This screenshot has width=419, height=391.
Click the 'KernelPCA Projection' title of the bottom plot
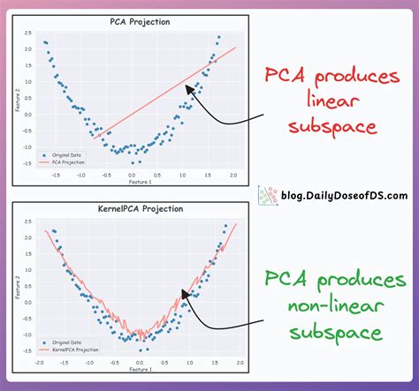point(141,209)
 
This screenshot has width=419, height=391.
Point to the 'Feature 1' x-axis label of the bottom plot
point(140,369)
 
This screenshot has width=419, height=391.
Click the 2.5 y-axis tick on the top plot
point(27,33)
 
